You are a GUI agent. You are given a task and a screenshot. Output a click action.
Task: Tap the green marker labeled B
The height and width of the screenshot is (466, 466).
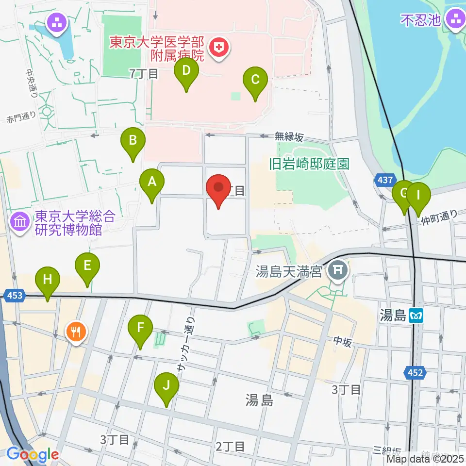coord(133,142)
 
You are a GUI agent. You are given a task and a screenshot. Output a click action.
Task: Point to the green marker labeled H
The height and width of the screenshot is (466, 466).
coord(48,281)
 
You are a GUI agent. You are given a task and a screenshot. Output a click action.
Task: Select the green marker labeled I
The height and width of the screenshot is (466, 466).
coord(418,196)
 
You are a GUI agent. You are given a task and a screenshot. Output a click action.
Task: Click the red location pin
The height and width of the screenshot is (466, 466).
coord(218,187)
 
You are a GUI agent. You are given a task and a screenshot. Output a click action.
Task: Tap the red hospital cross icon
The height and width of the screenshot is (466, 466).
coord(219,48)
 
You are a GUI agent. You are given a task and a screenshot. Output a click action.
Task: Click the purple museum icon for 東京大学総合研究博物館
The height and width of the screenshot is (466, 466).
coord(20,222)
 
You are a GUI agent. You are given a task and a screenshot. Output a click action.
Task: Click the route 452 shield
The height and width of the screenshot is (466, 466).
coord(413,373)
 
